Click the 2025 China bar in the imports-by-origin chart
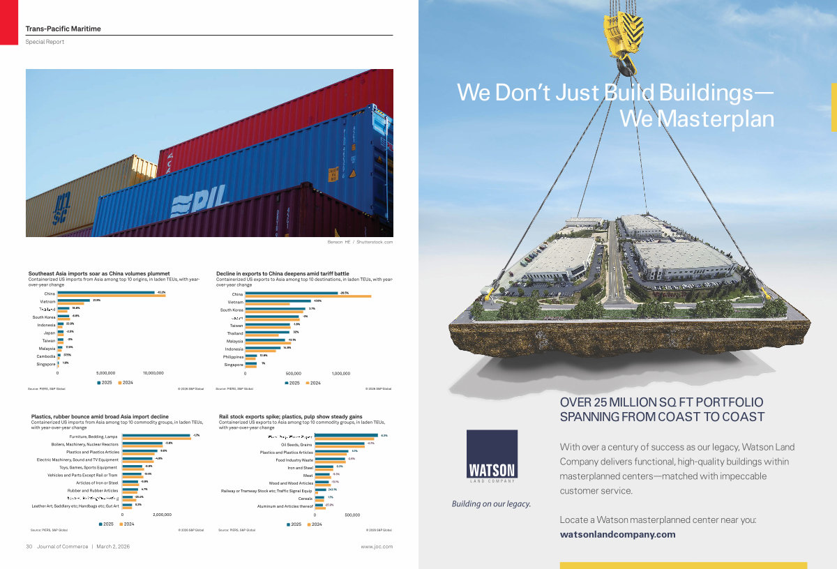pyautogui.click(x=106, y=293)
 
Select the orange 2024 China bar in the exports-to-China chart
pyautogui.click(x=308, y=296)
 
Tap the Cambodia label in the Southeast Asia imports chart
pyautogui.click(x=46, y=356)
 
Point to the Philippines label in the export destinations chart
pyautogui.click(x=232, y=356)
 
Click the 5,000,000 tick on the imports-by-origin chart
pyautogui.click(x=105, y=373)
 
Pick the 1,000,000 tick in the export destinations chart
pyautogui.click(x=340, y=373)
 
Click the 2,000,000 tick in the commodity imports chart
pyautogui.click(x=162, y=515)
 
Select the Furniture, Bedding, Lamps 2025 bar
pyautogui.click(x=156, y=436)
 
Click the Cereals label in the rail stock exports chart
pyautogui.click(x=306, y=498)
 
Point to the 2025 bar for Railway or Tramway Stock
pyautogui.click(x=321, y=490)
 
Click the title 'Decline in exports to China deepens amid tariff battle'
pyautogui.click(x=282, y=273)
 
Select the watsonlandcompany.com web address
pyautogui.click(x=617, y=535)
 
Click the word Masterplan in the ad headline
pyautogui.click(x=714, y=120)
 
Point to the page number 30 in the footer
pyautogui.click(x=29, y=547)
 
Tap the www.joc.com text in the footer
pyautogui.click(x=377, y=547)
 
